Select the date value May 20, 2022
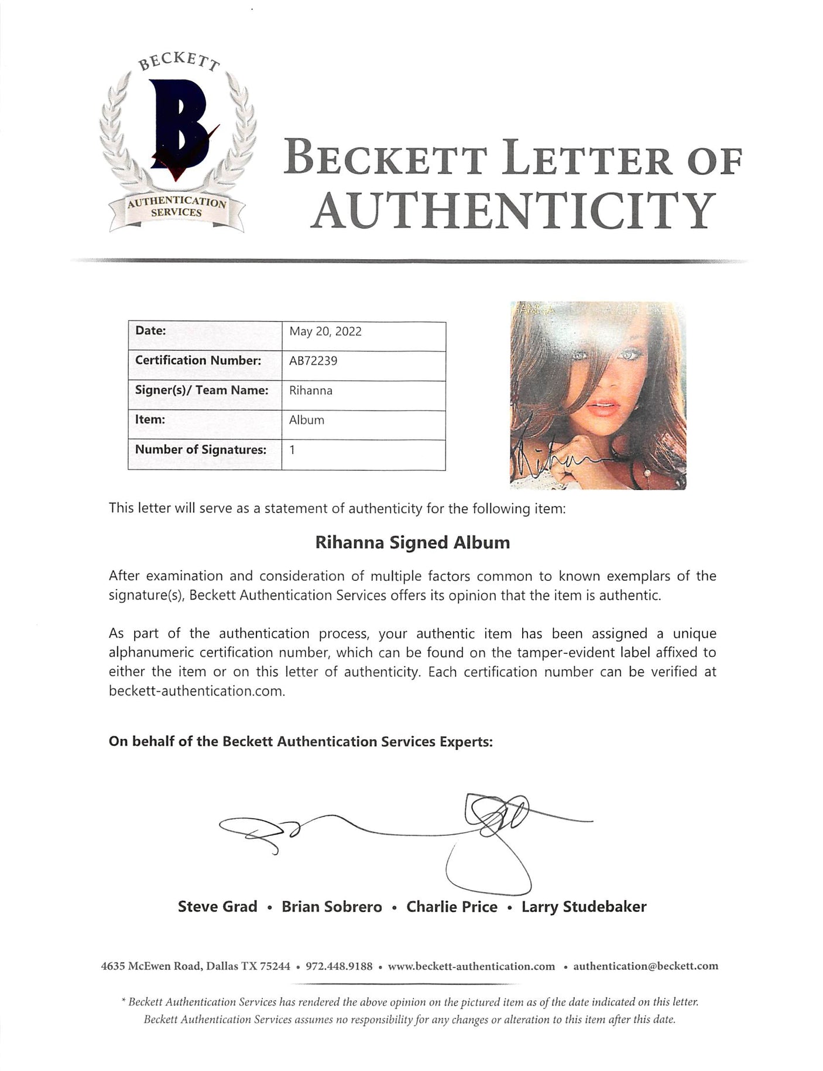click(325, 332)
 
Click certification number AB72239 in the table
click(313, 361)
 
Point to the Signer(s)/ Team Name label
click(202, 390)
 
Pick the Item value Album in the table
click(306, 420)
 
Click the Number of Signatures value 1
click(292, 450)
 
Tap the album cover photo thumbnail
click(598, 395)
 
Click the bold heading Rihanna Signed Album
click(413, 543)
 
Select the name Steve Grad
click(217, 907)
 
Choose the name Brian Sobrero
click(332, 907)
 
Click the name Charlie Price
click(452, 907)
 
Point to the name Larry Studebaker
click(584, 907)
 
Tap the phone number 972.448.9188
click(339, 966)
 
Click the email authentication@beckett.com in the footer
click(646, 966)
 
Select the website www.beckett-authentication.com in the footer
click(471, 966)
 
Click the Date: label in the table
click(150, 330)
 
